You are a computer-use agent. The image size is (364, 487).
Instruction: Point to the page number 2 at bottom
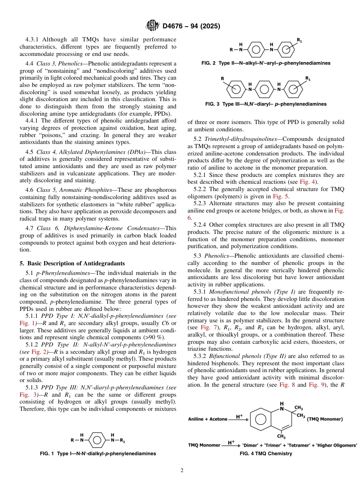[182, 471]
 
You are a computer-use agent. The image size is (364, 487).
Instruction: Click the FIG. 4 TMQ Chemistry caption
[266, 454]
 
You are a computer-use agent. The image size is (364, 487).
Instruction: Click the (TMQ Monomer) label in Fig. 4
[325, 419]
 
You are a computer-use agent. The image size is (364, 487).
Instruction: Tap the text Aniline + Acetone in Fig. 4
[208, 419]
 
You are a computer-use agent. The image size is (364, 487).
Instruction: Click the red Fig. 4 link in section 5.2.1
[310, 182]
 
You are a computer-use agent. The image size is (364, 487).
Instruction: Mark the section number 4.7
[30, 228]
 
